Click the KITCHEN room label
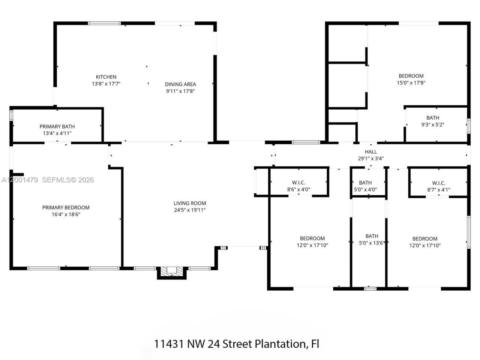tap(106, 77)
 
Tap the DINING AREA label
tap(180, 84)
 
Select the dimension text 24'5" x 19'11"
tap(190, 210)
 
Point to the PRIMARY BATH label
tap(57, 126)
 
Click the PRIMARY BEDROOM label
tap(66, 207)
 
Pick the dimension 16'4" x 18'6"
tap(66, 214)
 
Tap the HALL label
tap(370, 151)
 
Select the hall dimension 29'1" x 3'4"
tap(370, 158)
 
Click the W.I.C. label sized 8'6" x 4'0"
tap(298, 183)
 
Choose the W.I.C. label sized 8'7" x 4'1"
tap(438, 183)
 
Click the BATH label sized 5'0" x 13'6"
tap(372, 236)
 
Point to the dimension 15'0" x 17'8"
tap(411, 83)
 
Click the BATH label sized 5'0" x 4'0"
tap(365, 183)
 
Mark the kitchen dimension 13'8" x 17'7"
tap(106, 84)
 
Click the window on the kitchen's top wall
tap(104, 23)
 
